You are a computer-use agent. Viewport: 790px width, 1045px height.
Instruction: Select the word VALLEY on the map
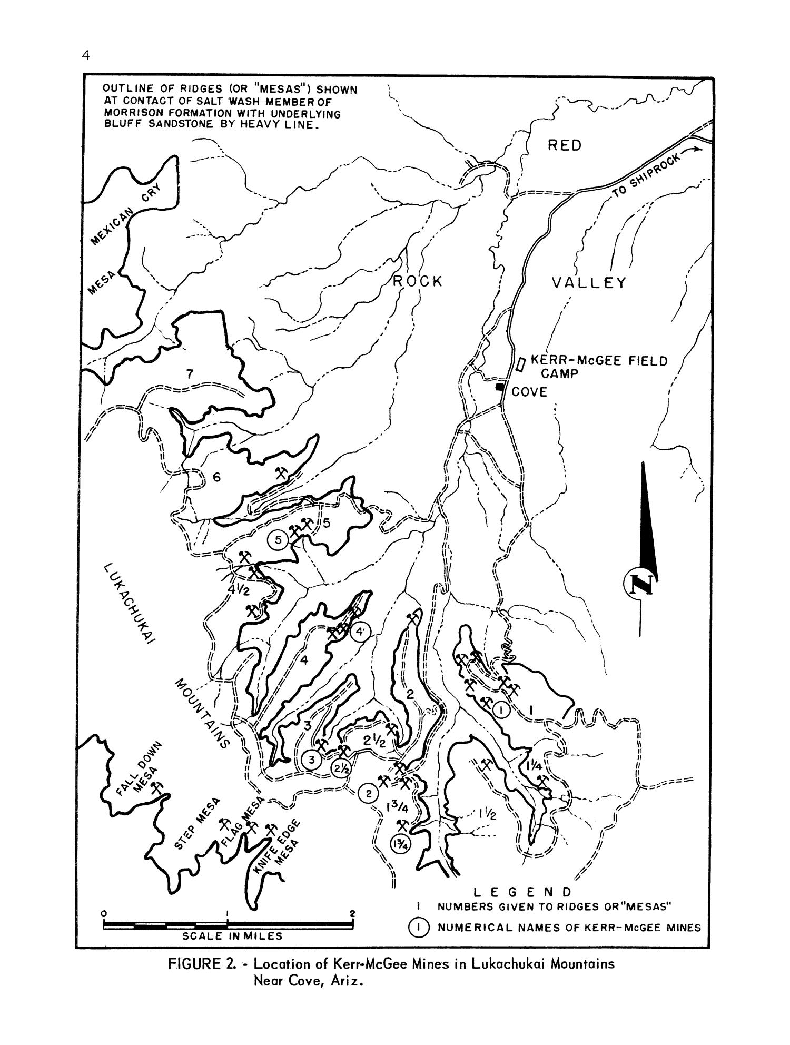pos(589,283)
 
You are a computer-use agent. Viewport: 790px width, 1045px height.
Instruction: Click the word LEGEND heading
pos(522,892)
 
